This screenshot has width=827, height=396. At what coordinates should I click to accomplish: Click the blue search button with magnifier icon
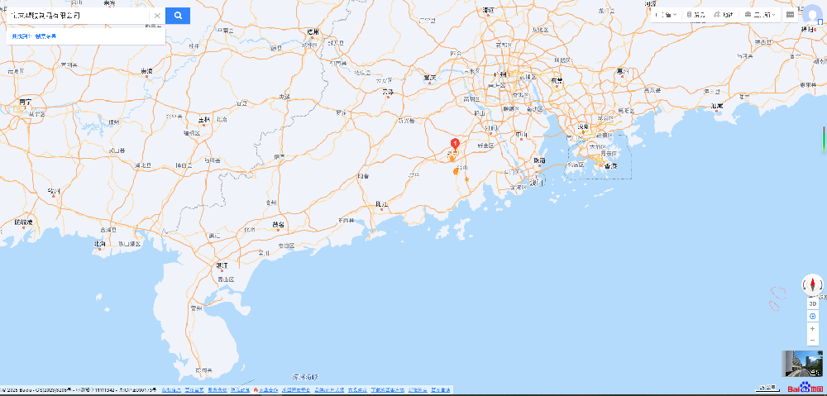point(177,15)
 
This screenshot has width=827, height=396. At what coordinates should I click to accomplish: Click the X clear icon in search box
point(156,15)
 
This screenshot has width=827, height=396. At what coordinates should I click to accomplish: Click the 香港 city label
point(611,165)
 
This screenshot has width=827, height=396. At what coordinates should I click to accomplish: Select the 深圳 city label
point(582,126)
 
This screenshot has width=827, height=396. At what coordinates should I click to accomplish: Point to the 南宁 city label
point(25,102)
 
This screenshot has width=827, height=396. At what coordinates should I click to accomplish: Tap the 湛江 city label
point(221,265)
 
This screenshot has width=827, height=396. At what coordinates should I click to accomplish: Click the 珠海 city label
point(539,160)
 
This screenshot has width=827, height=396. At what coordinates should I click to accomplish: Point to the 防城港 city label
point(24,222)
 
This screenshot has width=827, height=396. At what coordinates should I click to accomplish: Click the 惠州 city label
point(622,72)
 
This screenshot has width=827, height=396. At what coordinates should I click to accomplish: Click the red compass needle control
point(813,286)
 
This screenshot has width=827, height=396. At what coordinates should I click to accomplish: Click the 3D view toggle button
point(813,303)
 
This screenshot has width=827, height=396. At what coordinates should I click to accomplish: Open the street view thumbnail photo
point(802,364)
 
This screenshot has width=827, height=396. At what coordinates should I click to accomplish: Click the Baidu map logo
point(805,388)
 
